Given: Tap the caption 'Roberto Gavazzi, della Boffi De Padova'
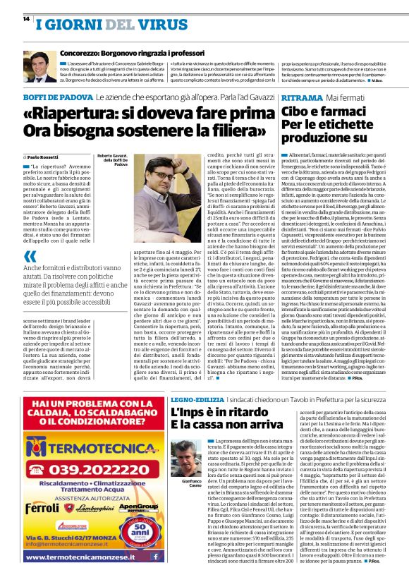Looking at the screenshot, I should tap(112, 159).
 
